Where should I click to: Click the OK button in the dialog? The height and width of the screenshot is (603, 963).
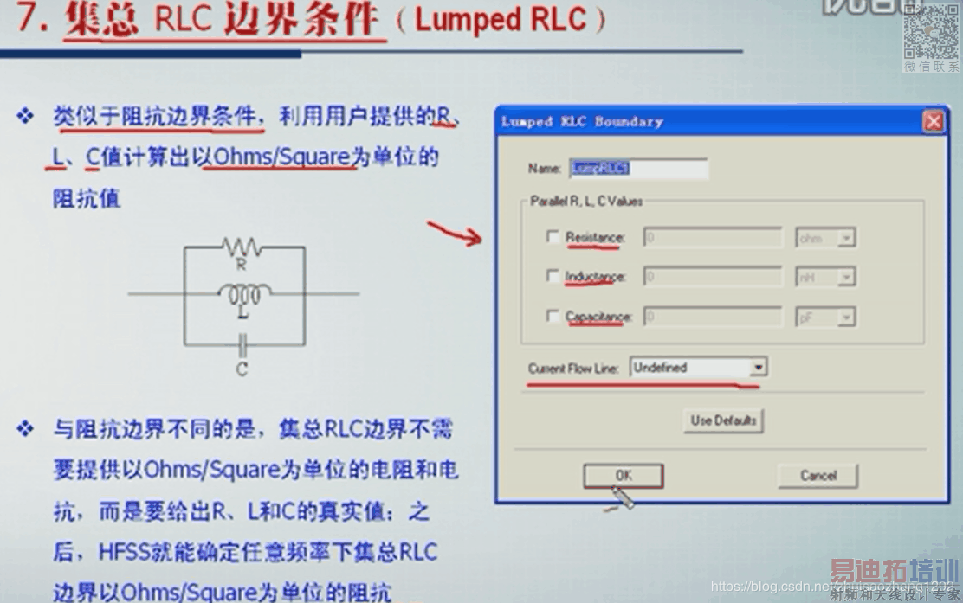pyautogui.click(x=623, y=475)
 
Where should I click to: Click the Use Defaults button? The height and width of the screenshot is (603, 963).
pyautogui.click(x=723, y=420)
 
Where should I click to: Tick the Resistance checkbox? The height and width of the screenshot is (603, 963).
pyautogui.click(x=553, y=236)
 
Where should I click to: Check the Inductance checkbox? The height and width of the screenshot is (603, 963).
pyautogui.click(x=553, y=276)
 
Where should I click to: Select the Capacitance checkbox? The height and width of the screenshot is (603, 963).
pyautogui.click(x=553, y=317)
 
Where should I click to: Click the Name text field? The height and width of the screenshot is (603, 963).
pyautogui.click(x=638, y=168)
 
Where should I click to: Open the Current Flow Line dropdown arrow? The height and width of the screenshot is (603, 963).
pyautogui.click(x=758, y=368)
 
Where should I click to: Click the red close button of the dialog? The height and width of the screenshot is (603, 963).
pyautogui.click(x=933, y=122)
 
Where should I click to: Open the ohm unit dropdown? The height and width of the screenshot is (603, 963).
pyautogui.click(x=825, y=238)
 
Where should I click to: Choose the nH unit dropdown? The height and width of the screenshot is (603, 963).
pyautogui.click(x=825, y=277)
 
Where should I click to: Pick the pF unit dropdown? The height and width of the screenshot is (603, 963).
pyautogui.click(x=825, y=318)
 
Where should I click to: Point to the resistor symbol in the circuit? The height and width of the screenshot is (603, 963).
pyautogui.click(x=242, y=247)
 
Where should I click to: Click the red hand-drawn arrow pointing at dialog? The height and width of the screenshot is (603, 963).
pyautogui.click(x=454, y=232)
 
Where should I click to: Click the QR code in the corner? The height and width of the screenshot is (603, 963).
pyautogui.click(x=931, y=31)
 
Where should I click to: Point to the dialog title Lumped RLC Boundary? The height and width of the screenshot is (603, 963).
pyautogui.click(x=582, y=122)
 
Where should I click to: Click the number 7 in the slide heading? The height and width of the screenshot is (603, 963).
pyautogui.click(x=30, y=19)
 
